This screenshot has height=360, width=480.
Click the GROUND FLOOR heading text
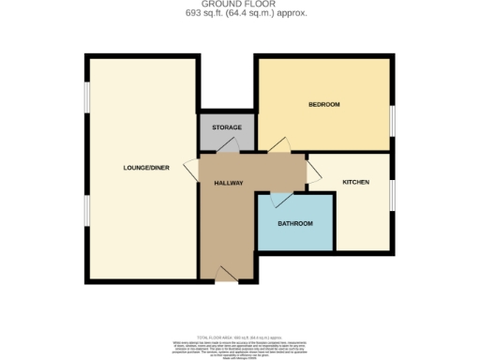pos(240,5)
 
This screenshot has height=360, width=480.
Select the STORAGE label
pos(226,127)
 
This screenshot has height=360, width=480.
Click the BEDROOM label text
pos(323,104)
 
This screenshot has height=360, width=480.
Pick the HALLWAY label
pos(229,184)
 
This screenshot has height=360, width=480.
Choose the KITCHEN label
pos(355,182)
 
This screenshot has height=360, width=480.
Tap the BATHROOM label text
pos(295,224)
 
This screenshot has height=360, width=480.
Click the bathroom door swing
pos(279,199)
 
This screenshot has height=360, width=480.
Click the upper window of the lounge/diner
pos(87,97)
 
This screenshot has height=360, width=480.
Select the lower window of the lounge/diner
pos(87,211)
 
